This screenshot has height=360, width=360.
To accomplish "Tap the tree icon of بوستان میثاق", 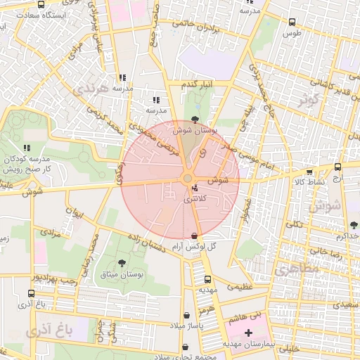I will click(x=122, y=263).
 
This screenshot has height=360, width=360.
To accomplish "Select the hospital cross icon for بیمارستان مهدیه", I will click(x=247, y=332).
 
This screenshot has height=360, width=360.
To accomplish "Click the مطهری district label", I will click(x=296, y=268).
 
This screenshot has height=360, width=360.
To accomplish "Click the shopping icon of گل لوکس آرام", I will click(x=195, y=235).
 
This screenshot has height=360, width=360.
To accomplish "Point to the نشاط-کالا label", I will click(x=309, y=181).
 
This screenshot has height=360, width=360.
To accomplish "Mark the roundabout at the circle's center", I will click(x=188, y=179).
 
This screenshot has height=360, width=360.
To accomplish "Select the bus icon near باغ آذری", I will click(x=31, y=293).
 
